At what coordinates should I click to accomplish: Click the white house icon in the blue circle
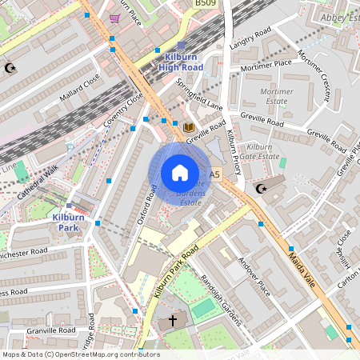pyautogui.click(x=180, y=173)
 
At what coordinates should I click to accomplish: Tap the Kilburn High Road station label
pyautogui.click(x=181, y=62)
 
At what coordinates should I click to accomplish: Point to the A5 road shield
pyautogui.click(x=214, y=174)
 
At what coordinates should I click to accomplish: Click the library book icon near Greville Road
pyautogui.click(x=189, y=127)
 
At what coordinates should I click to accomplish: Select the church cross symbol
pyautogui.click(x=173, y=321)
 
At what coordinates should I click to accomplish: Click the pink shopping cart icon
pyautogui.click(x=115, y=18)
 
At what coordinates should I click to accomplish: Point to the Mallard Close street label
pyautogui.click(x=80, y=88)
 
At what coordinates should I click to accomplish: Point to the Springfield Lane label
pyautogui.click(x=199, y=94)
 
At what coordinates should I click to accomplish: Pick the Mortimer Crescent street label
pyautogui.click(x=314, y=76)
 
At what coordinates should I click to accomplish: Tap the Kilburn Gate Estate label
pyautogui.click(x=262, y=152)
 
